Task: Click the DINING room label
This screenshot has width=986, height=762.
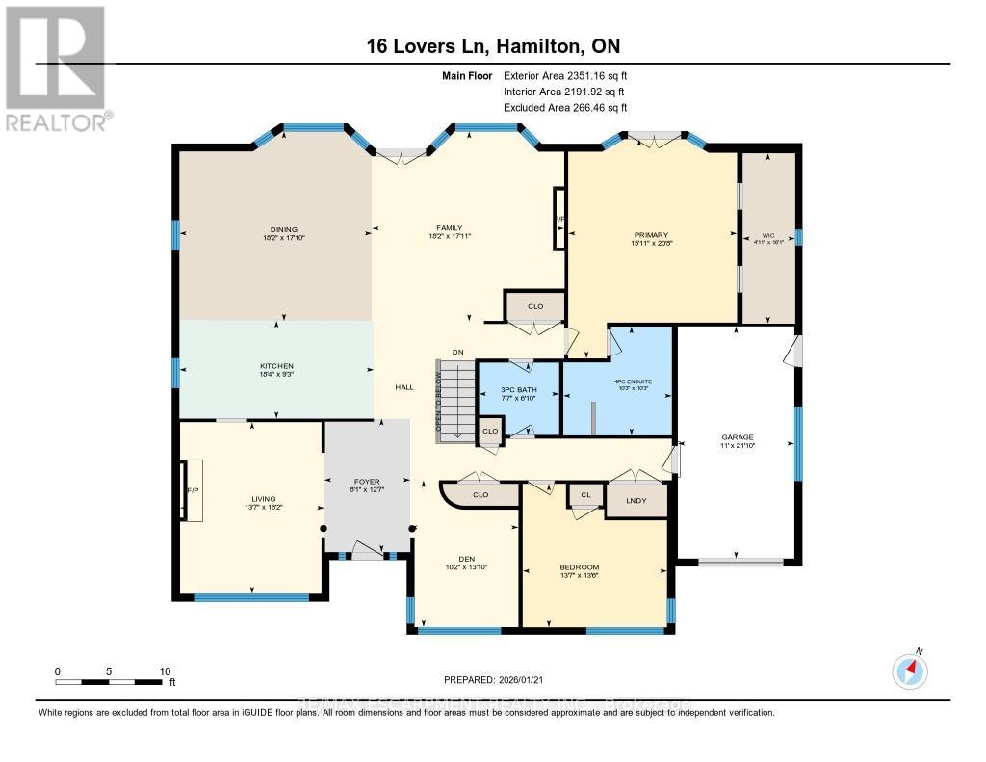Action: pyautogui.click(x=276, y=229)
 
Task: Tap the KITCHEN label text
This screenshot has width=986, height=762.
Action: pyautogui.click(x=276, y=366)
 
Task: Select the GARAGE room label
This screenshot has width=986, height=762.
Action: pyautogui.click(x=737, y=437)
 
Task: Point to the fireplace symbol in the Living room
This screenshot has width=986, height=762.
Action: pyautogui.click(x=192, y=491)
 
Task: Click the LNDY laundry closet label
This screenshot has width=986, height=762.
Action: pyautogui.click(x=636, y=501)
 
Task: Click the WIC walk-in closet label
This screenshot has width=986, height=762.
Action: pyautogui.click(x=767, y=233)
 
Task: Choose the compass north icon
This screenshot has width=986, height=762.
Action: pyautogui.click(x=909, y=670)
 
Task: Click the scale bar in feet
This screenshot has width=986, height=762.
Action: pyautogui.click(x=110, y=682)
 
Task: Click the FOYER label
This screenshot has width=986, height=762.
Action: pyautogui.click(x=367, y=481)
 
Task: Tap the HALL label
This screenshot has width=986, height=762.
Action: pyautogui.click(x=404, y=386)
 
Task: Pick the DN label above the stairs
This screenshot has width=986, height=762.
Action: pyautogui.click(x=459, y=353)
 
